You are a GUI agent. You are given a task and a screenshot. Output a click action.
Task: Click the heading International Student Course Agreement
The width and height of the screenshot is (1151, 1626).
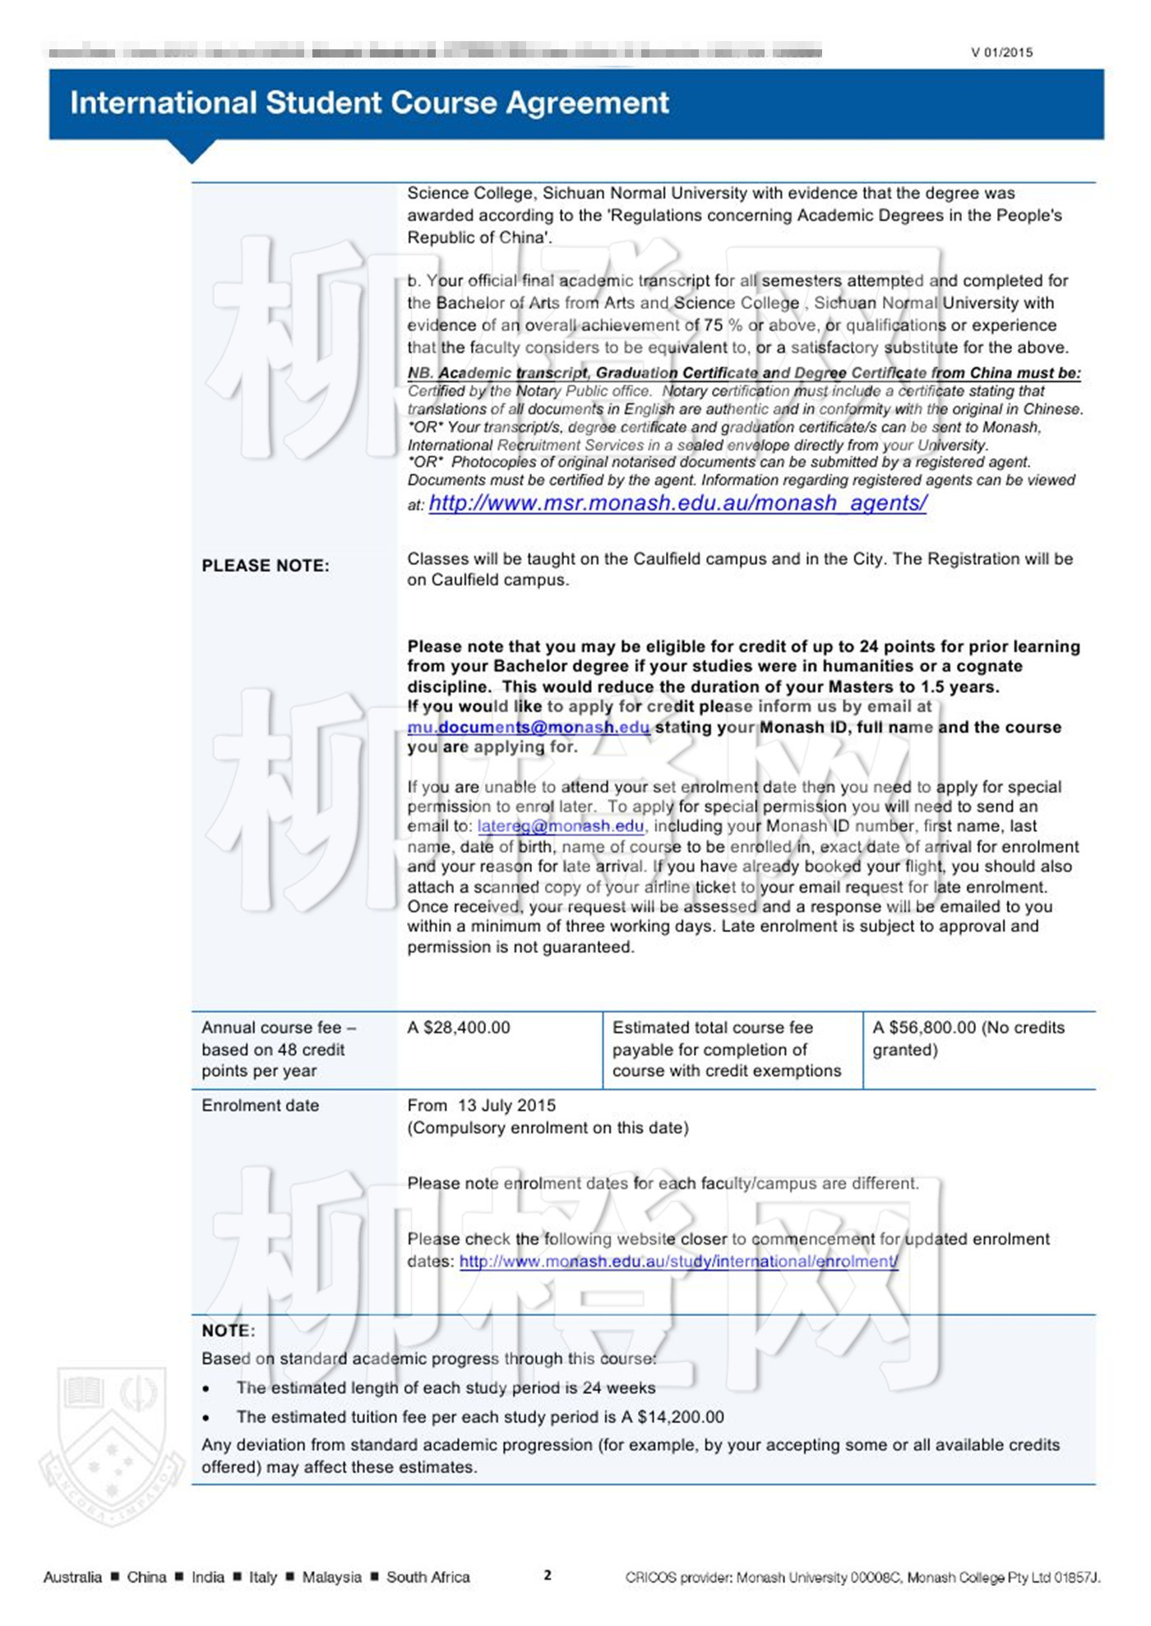pyautogui.click(x=369, y=103)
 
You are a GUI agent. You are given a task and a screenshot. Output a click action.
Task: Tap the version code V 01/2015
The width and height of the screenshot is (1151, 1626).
pyautogui.click(x=1001, y=53)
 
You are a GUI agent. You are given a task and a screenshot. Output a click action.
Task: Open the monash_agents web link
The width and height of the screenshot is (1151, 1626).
pyautogui.click(x=677, y=503)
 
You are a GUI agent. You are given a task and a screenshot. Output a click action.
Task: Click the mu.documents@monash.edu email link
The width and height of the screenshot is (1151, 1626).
pyautogui.click(x=528, y=728)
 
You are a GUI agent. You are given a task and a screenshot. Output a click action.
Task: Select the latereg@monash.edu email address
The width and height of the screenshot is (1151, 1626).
pyautogui.click(x=561, y=826)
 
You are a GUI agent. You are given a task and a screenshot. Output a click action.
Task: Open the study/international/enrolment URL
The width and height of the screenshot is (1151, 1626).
pyautogui.click(x=678, y=1261)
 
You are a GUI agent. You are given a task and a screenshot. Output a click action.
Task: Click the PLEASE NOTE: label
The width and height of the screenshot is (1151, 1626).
pyautogui.click(x=266, y=566)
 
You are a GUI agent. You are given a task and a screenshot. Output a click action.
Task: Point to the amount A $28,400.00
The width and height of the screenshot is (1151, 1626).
pyautogui.click(x=459, y=1028)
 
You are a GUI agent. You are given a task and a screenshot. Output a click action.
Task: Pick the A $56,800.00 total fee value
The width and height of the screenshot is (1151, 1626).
pyautogui.click(x=924, y=1028)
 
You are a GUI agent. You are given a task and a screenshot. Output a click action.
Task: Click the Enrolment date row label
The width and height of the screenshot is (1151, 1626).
pyautogui.click(x=260, y=1106)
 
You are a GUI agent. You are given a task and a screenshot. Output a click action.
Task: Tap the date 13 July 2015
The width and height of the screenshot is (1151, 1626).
pyautogui.click(x=506, y=1106)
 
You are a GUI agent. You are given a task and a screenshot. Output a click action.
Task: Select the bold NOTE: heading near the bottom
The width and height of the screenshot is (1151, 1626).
pyautogui.click(x=228, y=1330)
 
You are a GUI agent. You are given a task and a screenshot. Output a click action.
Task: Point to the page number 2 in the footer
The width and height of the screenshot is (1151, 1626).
pyautogui.click(x=548, y=1575)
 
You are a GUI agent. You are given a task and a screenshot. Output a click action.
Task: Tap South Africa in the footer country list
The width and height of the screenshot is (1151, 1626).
pyautogui.click(x=428, y=1577)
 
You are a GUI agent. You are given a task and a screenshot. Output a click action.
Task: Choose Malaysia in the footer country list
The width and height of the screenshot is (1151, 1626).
pyautogui.click(x=331, y=1577)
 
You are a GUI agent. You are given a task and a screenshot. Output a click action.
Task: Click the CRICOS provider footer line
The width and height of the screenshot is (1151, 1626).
pyautogui.click(x=862, y=1577)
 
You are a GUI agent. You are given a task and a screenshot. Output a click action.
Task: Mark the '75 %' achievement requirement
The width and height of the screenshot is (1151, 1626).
pyautogui.click(x=723, y=326)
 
